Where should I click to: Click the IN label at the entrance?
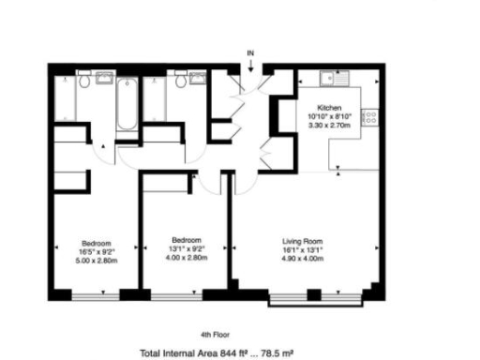pos(250,52)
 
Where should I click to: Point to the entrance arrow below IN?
pos(250,62)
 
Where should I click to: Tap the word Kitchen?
pos(329,108)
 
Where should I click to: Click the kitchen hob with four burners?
pos(370,117)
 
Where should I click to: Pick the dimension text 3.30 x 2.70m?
pos(329,125)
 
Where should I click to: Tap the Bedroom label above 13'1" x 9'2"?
pos(186,240)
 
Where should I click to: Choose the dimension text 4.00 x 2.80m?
pos(186,257)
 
